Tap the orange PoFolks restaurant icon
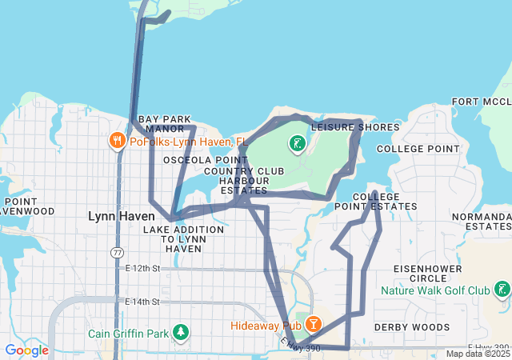(x=118, y=142)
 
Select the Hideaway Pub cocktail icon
(x=314, y=325)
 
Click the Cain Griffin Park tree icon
(x=182, y=332)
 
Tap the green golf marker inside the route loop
(x=297, y=145)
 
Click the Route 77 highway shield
(x=117, y=252)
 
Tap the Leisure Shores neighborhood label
(x=354, y=127)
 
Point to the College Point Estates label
(x=385, y=201)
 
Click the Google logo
(x=26, y=350)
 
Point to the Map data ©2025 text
(x=477, y=354)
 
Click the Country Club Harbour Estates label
(x=244, y=181)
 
